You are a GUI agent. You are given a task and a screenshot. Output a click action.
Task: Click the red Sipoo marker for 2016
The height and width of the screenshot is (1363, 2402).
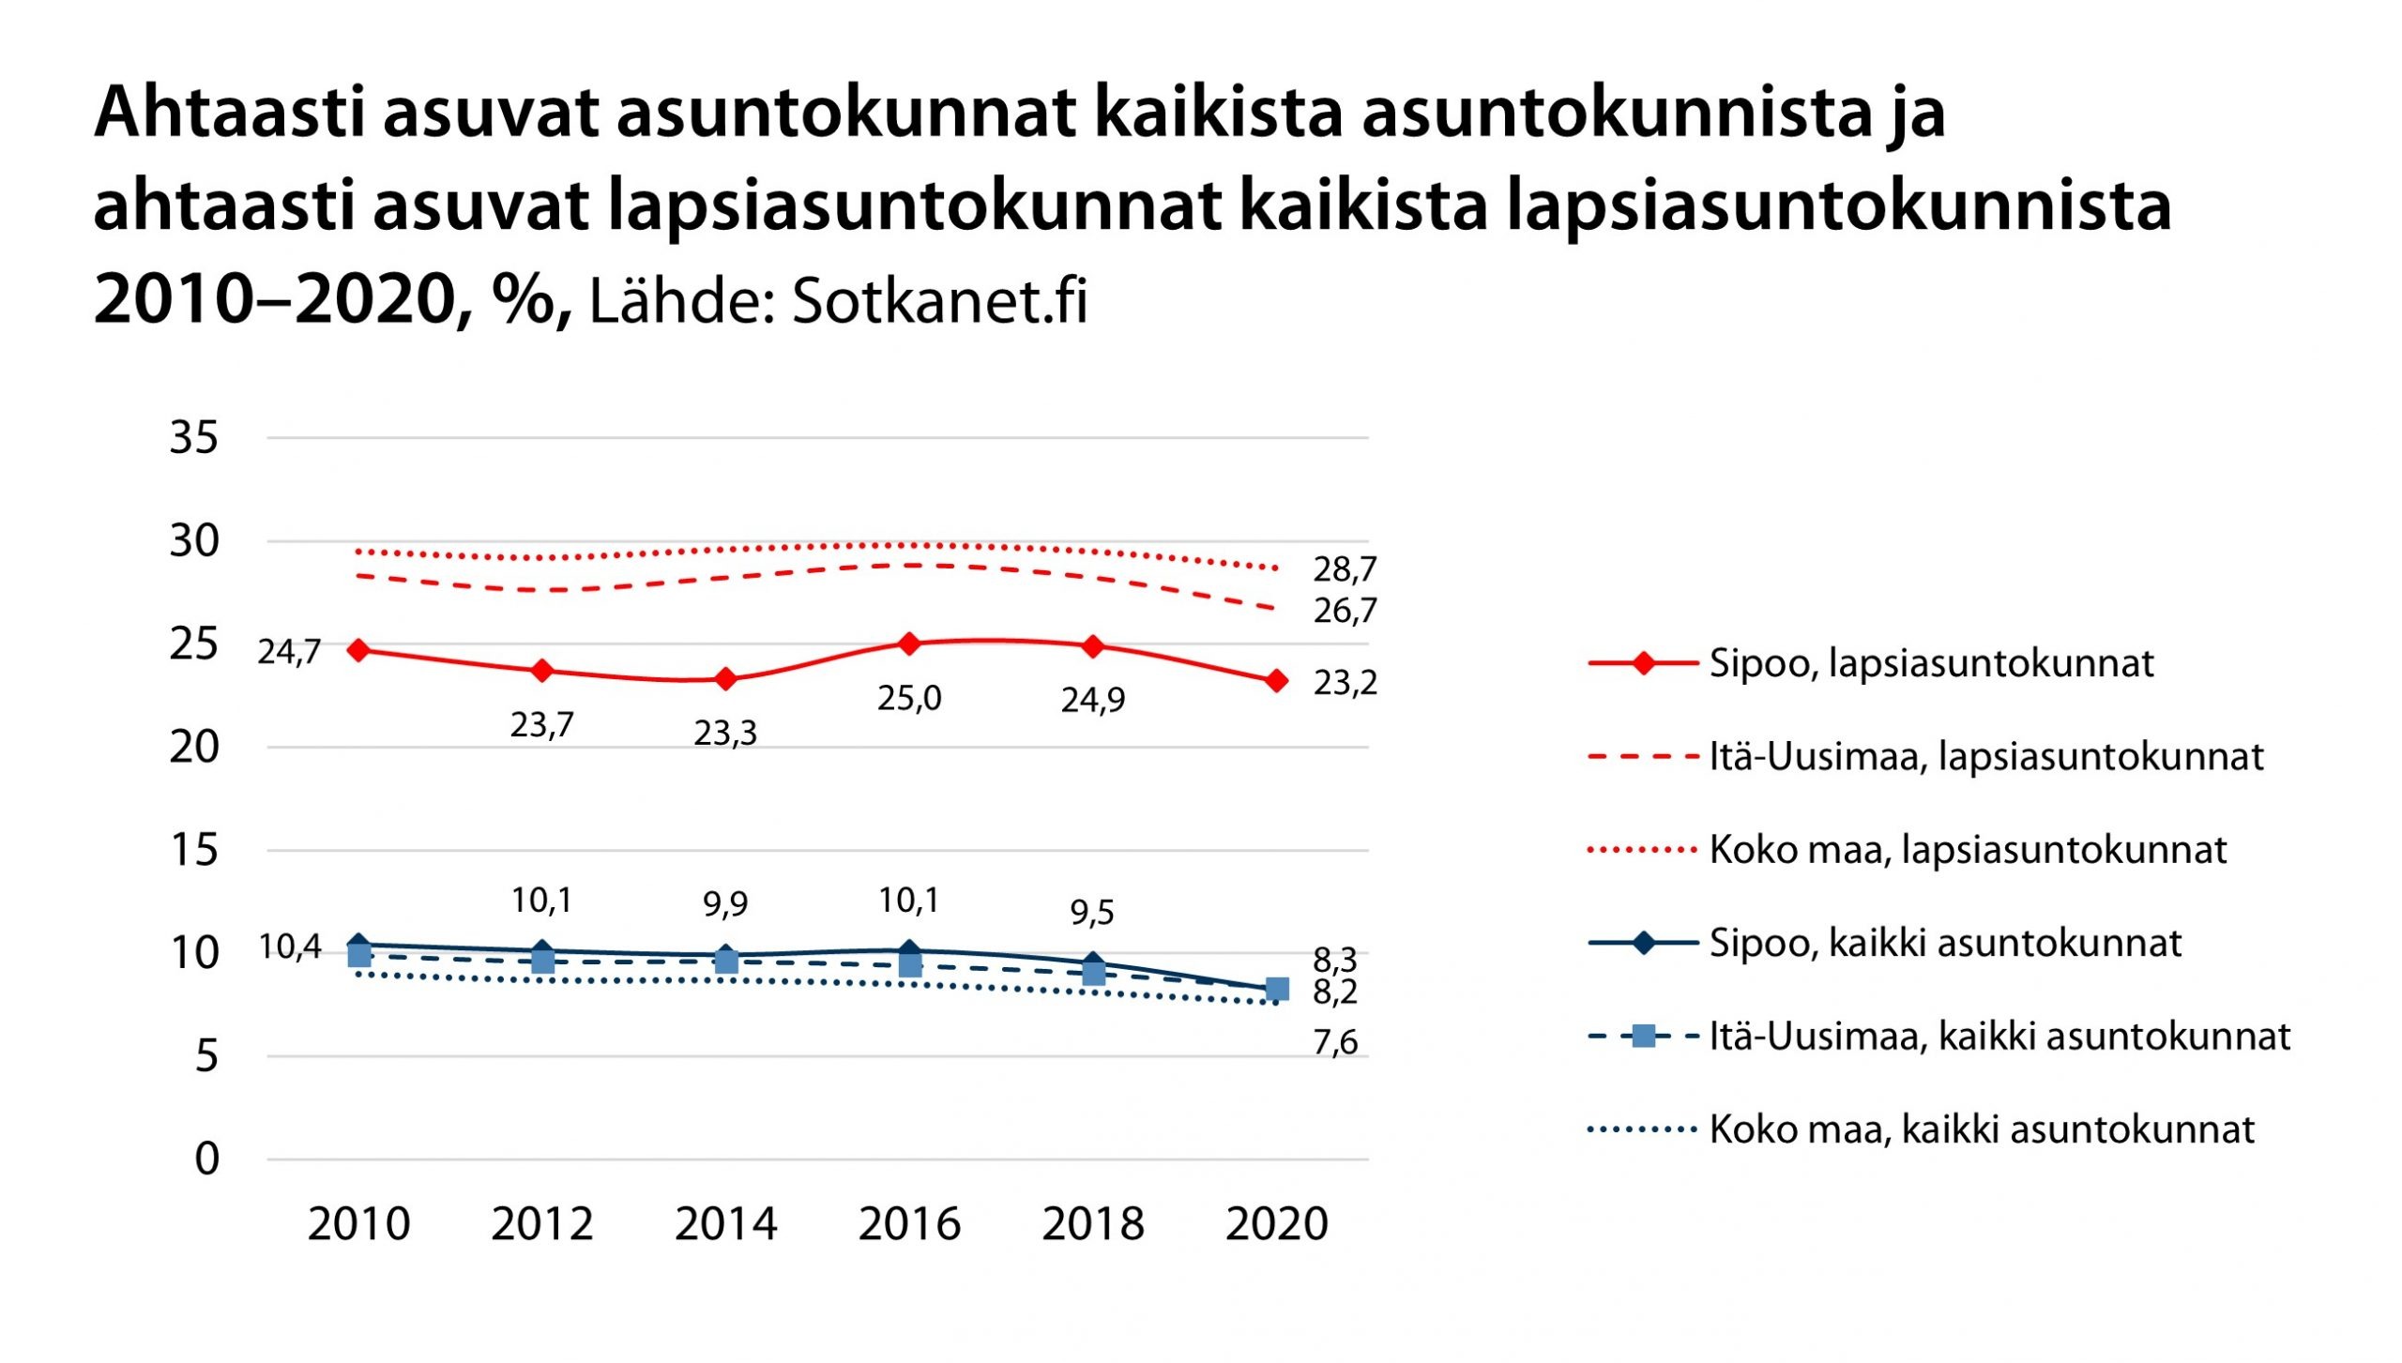coord(908,644)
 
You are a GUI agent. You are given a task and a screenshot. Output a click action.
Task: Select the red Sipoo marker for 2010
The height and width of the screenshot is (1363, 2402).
coord(357,650)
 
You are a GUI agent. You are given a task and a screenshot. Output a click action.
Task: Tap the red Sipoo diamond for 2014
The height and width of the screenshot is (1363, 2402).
coord(725,679)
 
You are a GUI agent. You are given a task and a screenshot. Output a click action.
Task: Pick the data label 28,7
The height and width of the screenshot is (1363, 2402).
coord(1345,569)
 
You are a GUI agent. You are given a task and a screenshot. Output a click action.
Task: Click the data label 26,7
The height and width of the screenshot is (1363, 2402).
coord(1345,612)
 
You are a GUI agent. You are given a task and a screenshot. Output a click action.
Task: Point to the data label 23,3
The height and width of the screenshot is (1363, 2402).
coord(725,733)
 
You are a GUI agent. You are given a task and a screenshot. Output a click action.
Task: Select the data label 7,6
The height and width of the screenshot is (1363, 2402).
coord(1335,1042)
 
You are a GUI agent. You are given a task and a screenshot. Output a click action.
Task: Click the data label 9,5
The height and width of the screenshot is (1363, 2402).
coord(1092,912)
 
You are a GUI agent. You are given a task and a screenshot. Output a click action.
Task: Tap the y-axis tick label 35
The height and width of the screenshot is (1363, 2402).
coord(193,438)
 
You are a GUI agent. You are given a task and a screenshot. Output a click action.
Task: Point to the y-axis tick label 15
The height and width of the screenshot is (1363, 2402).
coord(193,851)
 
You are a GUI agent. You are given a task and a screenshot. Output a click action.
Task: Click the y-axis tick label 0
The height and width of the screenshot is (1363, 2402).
coord(206,1159)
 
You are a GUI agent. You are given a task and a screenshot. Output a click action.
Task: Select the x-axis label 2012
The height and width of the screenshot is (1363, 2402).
coord(542,1224)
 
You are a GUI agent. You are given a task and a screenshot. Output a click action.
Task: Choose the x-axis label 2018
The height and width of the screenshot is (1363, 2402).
coord(1093,1224)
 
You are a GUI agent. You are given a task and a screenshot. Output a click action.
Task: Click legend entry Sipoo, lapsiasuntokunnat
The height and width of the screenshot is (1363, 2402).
coord(1931,663)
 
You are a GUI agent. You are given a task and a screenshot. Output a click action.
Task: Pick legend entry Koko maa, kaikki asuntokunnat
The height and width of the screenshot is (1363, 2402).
coord(1982,1129)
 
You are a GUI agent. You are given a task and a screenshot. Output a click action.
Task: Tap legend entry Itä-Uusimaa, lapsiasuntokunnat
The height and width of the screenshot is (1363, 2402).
coord(1986,756)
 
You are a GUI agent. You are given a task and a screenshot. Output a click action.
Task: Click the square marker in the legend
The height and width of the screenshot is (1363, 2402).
coord(1643,1037)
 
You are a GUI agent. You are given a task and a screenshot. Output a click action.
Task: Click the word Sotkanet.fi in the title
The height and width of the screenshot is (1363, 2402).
coord(939,302)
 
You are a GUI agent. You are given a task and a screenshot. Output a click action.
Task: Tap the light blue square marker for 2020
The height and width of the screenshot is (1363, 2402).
coord(1277,989)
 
